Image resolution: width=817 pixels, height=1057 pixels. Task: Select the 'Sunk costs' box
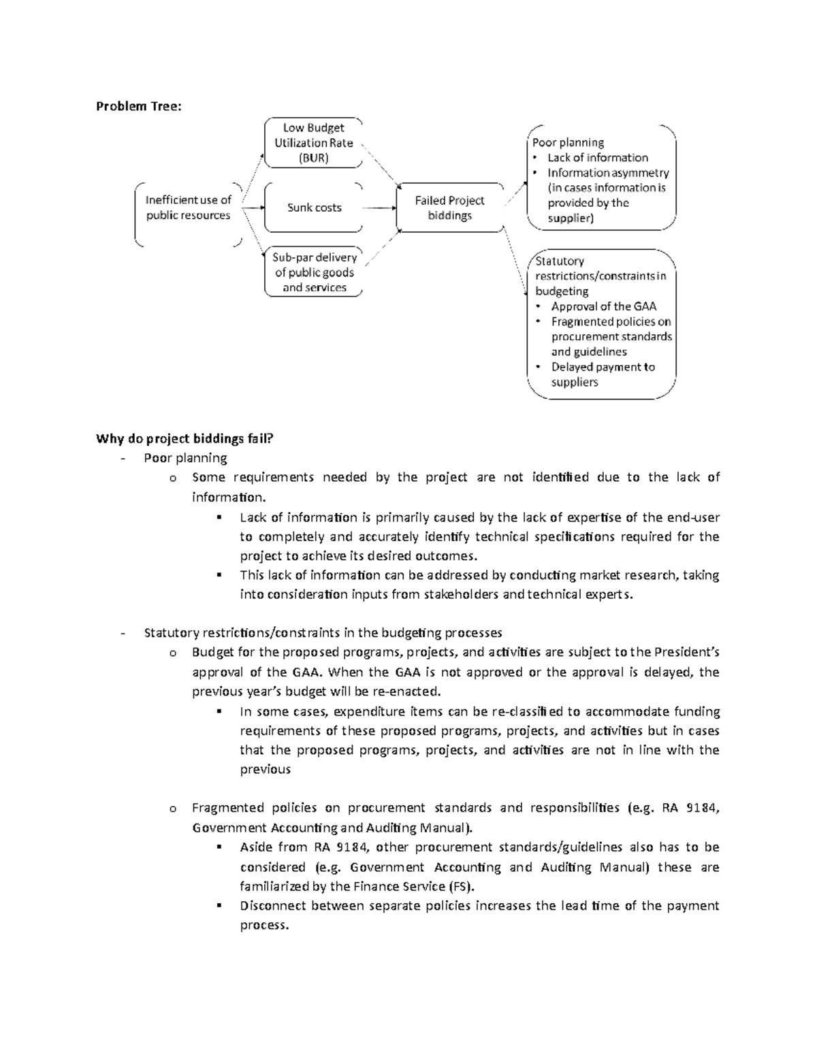pyautogui.click(x=314, y=208)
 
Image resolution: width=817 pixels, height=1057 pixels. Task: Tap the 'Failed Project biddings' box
pyautogui.click(x=449, y=208)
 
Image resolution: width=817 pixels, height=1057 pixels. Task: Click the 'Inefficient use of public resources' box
pyautogui.click(x=188, y=208)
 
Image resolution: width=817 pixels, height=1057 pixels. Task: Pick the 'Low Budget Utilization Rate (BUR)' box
pyautogui.click(x=313, y=143)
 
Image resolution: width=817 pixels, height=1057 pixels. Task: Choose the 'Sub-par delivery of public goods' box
pyautogui.click(x=314, y=272)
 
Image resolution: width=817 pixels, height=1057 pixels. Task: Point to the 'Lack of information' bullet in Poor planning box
pyautogui.click(x=597, y=157)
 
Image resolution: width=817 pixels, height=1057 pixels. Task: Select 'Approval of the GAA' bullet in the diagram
pyautogui.click(x=603, y=306)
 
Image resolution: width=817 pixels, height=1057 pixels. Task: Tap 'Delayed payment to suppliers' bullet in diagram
pyautogui.click(x=602, y=374)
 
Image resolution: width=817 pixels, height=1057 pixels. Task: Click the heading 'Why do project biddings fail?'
pyautogui.click(x=184, y=438)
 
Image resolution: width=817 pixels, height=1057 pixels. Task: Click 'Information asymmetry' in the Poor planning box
pyautogui.click(x=608, y=173)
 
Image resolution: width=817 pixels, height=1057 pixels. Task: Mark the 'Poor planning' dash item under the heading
pyautogui.click(x=185, y=458)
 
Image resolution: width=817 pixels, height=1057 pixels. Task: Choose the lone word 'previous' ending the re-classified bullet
pyautogui.click(x=265, y=770)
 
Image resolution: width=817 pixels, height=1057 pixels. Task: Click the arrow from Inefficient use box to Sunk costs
pyautogui.click(x=254, y=208)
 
